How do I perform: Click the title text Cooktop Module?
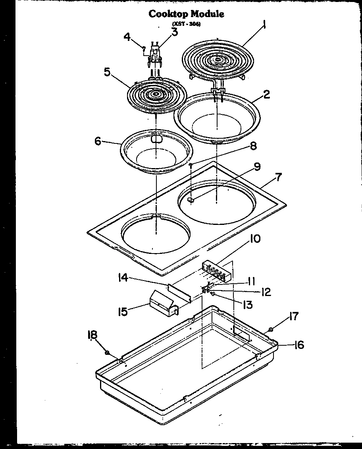186,14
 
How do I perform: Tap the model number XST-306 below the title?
186,24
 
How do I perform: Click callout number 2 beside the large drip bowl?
266,94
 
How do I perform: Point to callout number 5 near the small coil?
107,72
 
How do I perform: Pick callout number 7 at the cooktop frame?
279,177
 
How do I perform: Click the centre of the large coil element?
218,61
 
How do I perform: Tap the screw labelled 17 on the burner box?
270,329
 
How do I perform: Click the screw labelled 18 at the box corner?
108,352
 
